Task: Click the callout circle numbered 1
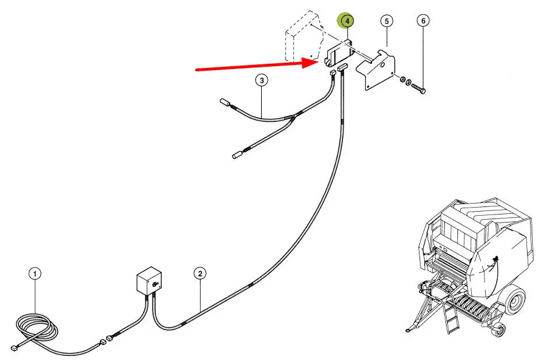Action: (35, 274)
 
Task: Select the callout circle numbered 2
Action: (200, 273)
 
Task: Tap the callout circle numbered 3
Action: (262, 81)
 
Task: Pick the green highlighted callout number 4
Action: (347, 21)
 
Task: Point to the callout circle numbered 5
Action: (387, 21)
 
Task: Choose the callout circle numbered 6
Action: (423, 21)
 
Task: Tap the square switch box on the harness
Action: (149, 281)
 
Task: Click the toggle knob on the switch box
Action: (155, 283)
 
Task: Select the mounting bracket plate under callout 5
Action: (375, 70)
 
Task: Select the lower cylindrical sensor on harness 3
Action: (238, 155)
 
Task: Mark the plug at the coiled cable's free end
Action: (14, 348)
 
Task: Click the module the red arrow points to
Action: (339, 53)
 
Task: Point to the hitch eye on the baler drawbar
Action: (407, 330)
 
